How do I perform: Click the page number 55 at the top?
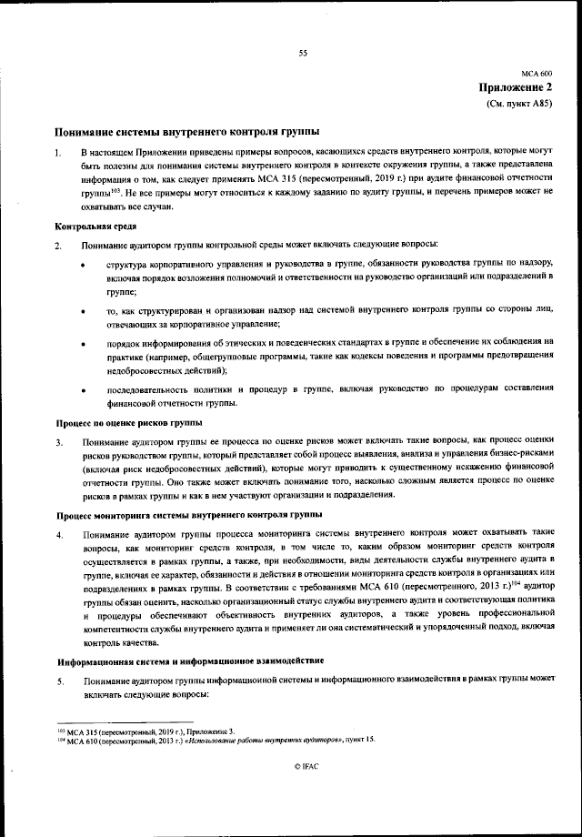[303, 53]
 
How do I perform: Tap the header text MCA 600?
[537, 73]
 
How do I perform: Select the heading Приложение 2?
[516, 87]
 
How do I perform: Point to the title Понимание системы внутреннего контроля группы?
[187, 131]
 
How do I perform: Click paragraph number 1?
[58, 151]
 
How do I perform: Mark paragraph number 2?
[58, 247]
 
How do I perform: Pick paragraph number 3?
[58, 443]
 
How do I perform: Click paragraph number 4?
[58, 533]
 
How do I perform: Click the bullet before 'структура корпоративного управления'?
[85, 266]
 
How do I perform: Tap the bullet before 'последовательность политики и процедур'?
[85, 390]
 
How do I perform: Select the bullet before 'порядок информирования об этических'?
[85, 344]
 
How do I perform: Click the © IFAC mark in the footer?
[303, 768]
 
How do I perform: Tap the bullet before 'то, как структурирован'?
[85, 312]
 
